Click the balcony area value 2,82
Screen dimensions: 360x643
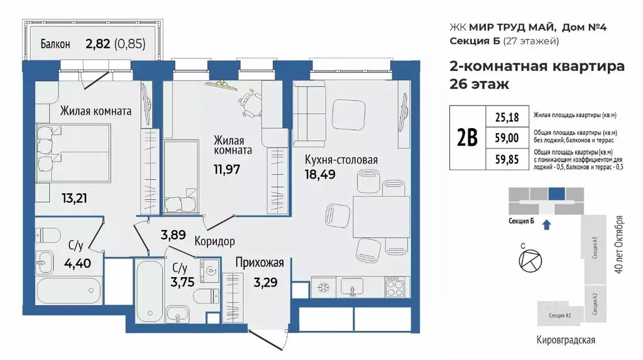[x=97, y=44]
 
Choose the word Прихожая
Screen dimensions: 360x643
[x=260, y=263]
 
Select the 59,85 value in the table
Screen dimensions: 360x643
[x=507, y=160]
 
